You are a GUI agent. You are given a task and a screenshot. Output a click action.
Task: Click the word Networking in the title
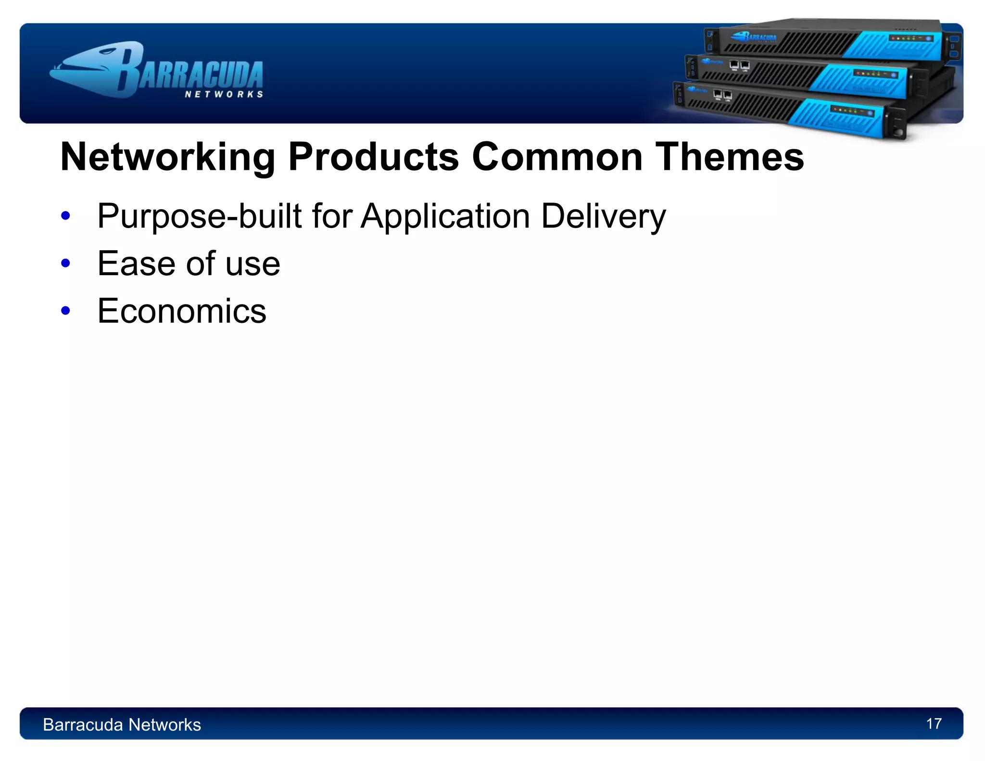167,157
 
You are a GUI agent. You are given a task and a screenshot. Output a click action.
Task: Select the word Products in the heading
373,157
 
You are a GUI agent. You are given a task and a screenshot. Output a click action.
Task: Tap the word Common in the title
557,157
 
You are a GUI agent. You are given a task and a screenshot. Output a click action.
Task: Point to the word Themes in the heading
730,157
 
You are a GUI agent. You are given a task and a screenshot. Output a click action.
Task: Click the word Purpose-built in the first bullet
199,216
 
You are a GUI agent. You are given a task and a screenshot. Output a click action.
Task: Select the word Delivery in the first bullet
603,216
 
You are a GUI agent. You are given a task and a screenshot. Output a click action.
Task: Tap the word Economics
181,311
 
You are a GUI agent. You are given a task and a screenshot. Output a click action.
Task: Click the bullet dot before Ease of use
66,264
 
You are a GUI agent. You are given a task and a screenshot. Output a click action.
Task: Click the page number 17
934,723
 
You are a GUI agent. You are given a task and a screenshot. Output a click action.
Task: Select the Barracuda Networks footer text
122,724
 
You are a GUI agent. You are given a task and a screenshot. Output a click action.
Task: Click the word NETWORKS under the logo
224,94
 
